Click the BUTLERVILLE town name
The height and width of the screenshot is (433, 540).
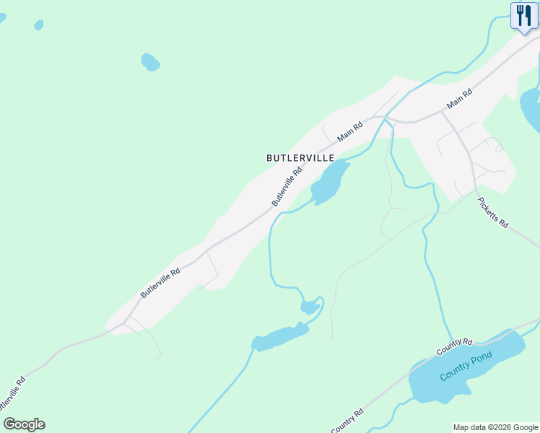[300, 157]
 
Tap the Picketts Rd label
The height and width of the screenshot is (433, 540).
[494, 214]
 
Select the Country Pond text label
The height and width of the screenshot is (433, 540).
[466, 367]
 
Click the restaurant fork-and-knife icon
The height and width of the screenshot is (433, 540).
[523, 15]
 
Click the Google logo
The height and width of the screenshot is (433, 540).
[24, 424]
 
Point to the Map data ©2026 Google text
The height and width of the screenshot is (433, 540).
[495, 427]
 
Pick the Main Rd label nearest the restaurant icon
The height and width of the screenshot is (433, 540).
[459, 100]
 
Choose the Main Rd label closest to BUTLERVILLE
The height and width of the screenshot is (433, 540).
[350, 131]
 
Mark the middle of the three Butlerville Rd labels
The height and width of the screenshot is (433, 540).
[160, 280]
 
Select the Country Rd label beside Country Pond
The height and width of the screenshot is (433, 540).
[454, 346]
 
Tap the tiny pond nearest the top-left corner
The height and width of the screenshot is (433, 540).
[38, 25]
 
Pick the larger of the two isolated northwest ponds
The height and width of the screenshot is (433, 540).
[150, 62]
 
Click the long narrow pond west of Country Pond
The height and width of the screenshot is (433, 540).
[279, 336]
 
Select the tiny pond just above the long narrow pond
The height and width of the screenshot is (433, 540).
[310, 307]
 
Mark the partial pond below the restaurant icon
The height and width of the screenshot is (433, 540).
[531, 108]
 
